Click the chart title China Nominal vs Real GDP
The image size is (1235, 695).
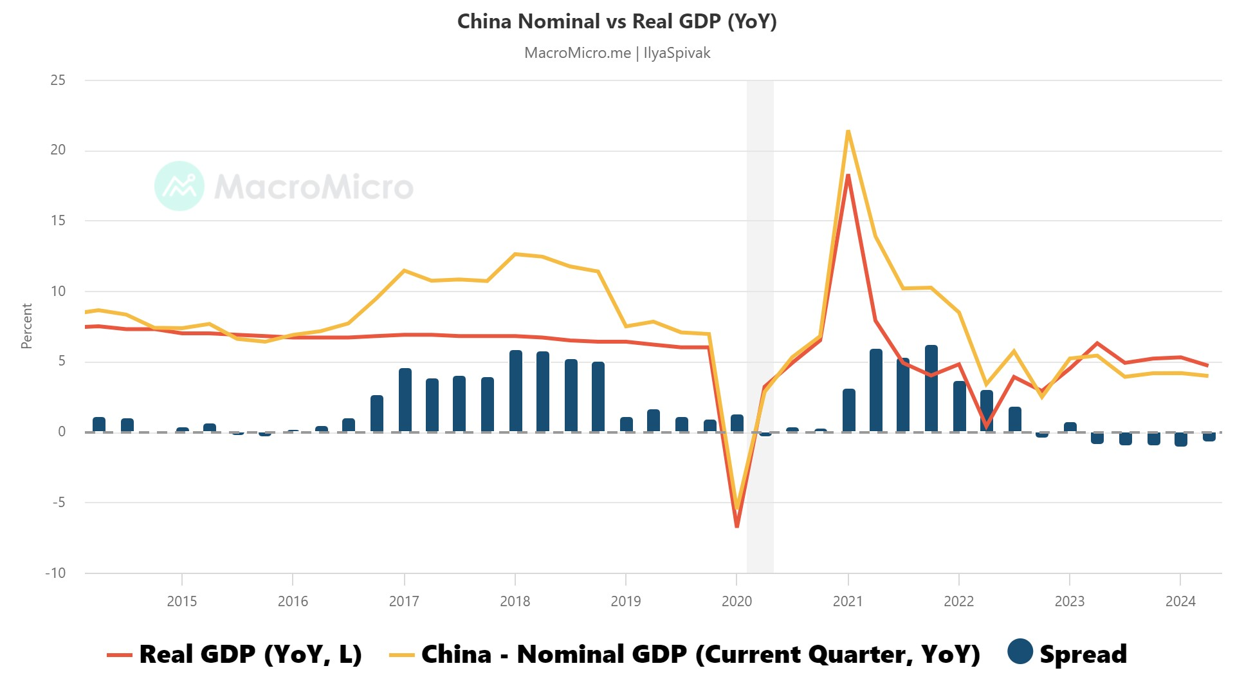point(617,21)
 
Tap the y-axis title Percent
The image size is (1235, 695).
point(26,326)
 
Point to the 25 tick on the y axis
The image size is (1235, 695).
point(58,80)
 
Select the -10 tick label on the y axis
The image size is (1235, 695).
point(55,573)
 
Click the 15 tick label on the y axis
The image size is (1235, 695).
point(58,221)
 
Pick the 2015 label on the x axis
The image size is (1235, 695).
point(182,602)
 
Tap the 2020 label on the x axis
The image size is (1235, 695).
point(736,602)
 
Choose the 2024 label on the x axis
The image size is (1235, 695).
point(1180,602)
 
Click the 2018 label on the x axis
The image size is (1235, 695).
point(515,602)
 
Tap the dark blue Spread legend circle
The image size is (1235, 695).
point(1020,651)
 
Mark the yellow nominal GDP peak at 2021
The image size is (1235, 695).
point(848,131)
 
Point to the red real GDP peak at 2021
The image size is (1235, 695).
point(848,176)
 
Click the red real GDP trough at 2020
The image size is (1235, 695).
point(737,526)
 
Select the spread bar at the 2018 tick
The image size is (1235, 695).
point(516,391)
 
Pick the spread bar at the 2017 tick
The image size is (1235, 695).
point(405,400)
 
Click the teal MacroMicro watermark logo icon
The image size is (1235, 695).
point(179,186)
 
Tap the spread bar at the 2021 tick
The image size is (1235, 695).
point(849,411)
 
